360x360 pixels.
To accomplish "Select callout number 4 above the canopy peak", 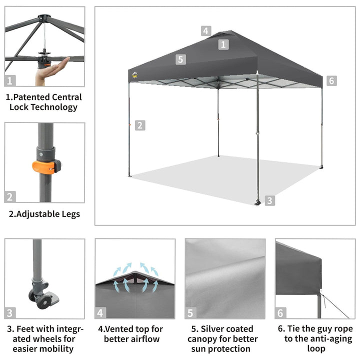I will pyautogui.click(x=206, y=30).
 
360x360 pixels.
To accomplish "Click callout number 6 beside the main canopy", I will pyautogui.click(x=331, y=80).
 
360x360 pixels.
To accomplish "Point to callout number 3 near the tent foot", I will pyautogui.click(x=269, y=200).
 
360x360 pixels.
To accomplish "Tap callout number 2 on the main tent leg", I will pyautogui.click(x=140, y=125).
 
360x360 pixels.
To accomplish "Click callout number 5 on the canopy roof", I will pyautogui.click(x=181, y=59).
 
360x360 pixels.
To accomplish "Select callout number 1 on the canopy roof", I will pyautogui.click(x=223, y=44).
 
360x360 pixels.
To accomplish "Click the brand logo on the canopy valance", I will pyautogui.click(x=134, y=76).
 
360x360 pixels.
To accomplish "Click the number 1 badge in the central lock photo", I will pyautogui.click(x=11, y=80).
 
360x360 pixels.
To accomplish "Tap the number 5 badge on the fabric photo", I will pyautogui.click(x=190, y=313).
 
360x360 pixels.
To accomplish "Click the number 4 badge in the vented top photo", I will pyautogui.click(x=101, y=313).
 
